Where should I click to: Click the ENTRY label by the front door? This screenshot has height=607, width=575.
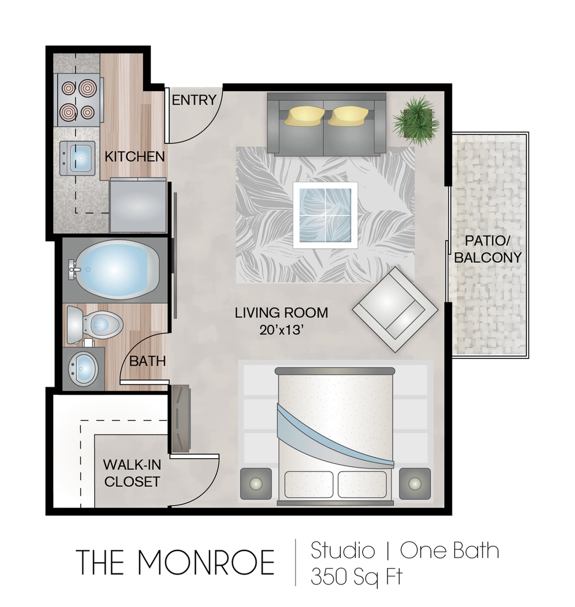[x=194, y=100]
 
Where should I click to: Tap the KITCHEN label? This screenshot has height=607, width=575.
[x=135, y=157]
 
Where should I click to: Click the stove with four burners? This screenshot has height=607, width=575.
[x=78, y=100]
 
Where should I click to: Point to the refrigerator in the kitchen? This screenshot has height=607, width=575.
[x=138, y=206]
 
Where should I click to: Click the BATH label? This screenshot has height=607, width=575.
[x=147, y=361]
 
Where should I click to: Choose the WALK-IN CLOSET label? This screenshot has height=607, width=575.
[x=132, y=473]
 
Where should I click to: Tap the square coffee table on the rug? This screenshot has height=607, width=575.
[x=325, y=215]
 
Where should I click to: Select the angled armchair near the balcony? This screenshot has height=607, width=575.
[x=395, y=309]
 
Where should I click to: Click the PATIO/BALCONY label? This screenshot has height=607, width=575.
[x=487, y=249]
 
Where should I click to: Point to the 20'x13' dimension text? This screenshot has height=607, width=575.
[x=281, y=330]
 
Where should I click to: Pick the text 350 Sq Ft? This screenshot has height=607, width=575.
[x=356, y=576]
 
